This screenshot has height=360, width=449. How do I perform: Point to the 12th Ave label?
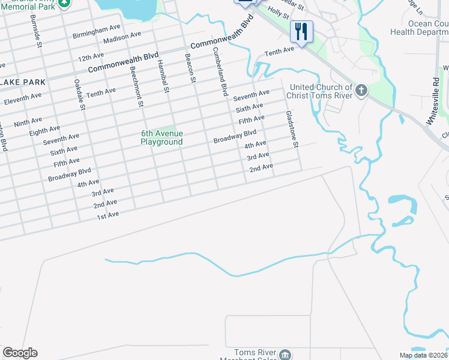(91, 59)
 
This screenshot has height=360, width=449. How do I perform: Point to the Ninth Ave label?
(28, 122)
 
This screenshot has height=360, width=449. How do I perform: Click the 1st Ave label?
(108, 214)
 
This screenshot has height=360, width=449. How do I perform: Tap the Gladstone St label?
(292, 129)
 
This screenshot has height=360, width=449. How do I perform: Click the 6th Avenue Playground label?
(161, 138)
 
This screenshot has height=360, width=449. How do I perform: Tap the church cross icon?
(360, 91)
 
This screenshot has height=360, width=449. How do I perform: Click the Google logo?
(20, 353)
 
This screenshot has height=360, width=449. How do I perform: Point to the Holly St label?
(279, 12)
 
